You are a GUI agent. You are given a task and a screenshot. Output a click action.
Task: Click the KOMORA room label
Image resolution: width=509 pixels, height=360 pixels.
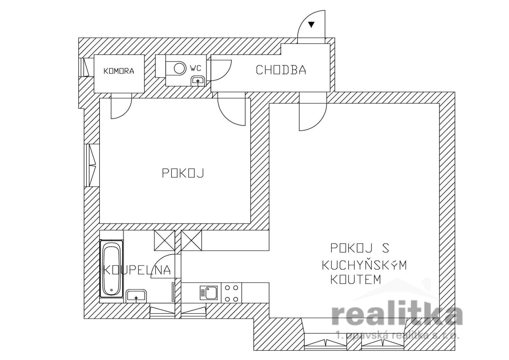click(119, 71)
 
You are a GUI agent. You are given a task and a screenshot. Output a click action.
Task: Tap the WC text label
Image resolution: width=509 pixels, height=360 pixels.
click(196, 68)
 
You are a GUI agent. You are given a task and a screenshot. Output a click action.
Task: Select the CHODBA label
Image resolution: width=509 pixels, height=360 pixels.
click(281, 70)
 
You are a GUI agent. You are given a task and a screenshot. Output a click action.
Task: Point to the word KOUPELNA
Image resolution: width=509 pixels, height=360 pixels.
click(137, 270)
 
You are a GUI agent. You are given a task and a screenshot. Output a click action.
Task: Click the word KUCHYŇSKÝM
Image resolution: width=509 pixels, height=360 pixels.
click(364, 265)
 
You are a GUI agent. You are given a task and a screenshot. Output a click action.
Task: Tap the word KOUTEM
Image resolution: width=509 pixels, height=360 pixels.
click(356, 279)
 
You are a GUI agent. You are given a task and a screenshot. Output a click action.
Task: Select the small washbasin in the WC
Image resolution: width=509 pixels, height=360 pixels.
click(198, 81)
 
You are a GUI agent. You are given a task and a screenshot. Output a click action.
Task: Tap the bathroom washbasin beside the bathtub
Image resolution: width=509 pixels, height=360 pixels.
click(136, 296)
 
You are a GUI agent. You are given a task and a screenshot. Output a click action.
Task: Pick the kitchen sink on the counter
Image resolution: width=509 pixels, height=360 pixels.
click(208, 292)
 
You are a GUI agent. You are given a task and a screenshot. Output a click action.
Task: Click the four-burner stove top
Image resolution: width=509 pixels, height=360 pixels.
click(232, 293)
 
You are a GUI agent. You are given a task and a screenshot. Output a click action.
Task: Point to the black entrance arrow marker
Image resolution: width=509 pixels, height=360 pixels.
click(311, 25)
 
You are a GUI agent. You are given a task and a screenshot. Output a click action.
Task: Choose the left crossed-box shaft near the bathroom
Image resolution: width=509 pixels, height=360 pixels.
click(164, 241)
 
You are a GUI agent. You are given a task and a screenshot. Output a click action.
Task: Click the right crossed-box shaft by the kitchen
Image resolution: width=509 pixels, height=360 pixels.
click(191, 241)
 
